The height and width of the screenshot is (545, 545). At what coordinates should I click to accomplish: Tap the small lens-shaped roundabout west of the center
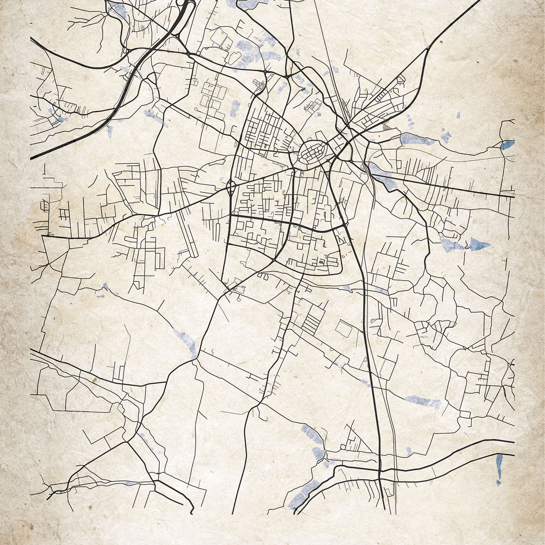tap(230, 187)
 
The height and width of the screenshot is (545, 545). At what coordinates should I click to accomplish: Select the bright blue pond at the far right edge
tap(507, 145)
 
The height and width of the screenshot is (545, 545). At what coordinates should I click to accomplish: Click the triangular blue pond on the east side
tap(479, 244)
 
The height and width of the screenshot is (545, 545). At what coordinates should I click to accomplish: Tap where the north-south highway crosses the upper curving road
tap(379, 470)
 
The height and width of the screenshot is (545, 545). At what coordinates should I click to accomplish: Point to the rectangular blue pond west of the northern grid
tap(235, 109)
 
